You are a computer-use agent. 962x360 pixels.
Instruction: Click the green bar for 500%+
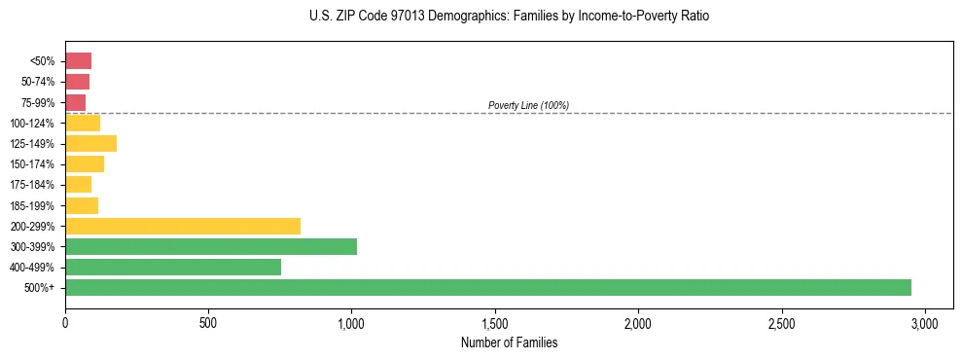488,287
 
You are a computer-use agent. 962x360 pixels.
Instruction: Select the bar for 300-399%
211,246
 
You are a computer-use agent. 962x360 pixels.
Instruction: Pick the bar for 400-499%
173,267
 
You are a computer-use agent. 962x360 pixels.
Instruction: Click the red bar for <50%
78,61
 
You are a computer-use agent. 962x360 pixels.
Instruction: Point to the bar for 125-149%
90,144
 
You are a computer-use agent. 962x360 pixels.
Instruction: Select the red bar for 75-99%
75,102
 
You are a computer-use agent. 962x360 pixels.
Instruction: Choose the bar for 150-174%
85,164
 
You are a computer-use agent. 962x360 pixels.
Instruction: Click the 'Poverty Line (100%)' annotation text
528,105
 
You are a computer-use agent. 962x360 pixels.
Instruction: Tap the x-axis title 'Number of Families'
509,343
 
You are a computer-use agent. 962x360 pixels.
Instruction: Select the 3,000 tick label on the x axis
925,322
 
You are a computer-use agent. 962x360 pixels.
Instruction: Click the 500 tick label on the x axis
208,322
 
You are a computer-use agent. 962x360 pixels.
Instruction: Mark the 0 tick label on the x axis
65,322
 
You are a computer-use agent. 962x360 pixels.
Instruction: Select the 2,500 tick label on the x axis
781,322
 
